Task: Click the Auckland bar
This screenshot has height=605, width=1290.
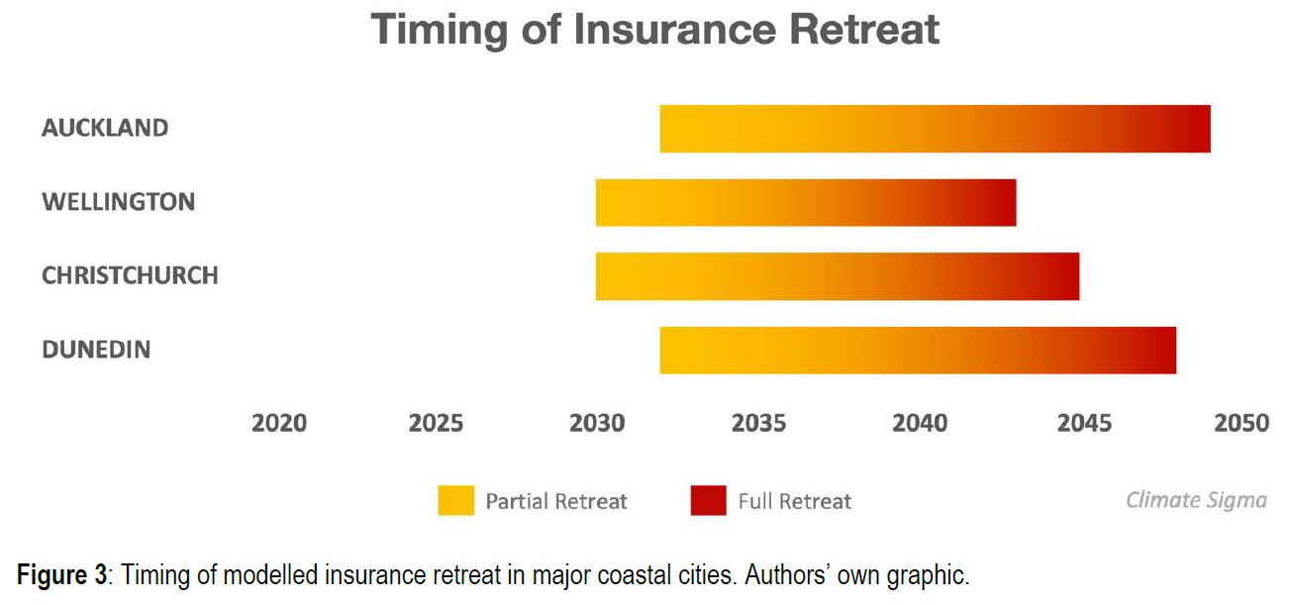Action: tap(935, 129)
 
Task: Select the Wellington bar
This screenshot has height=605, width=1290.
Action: tap(806, 203)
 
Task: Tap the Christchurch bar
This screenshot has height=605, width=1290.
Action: tap(837, 276)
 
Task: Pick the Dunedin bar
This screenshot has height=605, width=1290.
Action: tap(918, 351)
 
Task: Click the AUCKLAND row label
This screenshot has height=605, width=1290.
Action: tap(105, 129)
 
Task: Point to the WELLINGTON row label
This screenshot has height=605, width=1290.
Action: tap(118, 203)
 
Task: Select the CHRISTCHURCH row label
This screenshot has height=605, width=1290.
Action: tap(130, 276)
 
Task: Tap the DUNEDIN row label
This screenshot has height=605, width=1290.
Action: tap(96, 351)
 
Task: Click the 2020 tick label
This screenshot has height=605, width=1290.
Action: tap(279, 424)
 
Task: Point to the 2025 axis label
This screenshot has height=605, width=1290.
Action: tap(436, 424)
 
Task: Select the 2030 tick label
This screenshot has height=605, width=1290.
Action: tap(597, 424)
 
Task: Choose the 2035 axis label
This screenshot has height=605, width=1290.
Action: tap(759, 424)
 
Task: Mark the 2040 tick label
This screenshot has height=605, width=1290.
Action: tap(921, 424)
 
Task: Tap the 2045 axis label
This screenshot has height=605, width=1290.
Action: tap(1084, 424)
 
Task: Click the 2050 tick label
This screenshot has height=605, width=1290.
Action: tap(1241, 424)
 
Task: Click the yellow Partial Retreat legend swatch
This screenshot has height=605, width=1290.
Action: tap(456, 501)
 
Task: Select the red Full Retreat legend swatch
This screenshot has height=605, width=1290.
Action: tap(708, 501)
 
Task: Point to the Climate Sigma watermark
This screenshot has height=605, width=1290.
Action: tap(1196, 500)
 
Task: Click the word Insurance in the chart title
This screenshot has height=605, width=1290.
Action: tap(679, 30)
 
